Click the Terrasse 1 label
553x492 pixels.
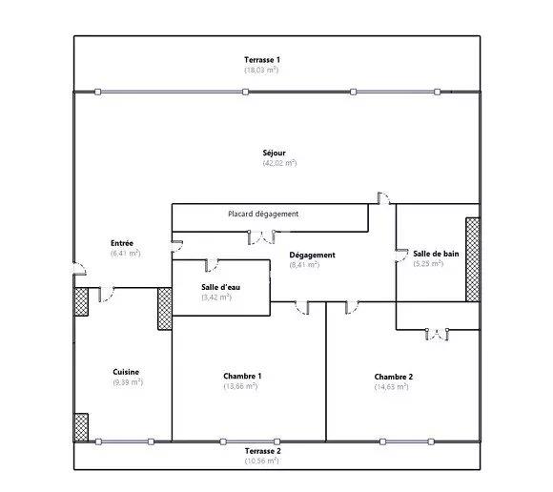[x=261, y=60]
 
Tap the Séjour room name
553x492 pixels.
[x=275, y=154]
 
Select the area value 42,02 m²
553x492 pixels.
[x=279, y=164]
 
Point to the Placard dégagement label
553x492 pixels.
[x=263, y=214]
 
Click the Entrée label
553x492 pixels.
[x=122, y=243]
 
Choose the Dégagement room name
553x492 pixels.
[x=312, y=255]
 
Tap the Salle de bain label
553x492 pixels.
[x=435, y=253]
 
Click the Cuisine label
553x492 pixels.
[x=127, y=372]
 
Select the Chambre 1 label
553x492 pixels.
[x=242, y=376]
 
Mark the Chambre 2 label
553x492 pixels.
[x=393, y=377]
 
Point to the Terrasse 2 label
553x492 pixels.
[x=261, y=450]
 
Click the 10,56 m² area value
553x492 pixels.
[x=261, y=461]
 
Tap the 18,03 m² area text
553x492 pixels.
[x=261, y=70]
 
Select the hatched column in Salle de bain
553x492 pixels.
[x=471, y=258]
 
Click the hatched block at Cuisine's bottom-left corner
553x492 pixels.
[x=81, y=425]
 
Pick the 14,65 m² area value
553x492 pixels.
[x=393, y=387]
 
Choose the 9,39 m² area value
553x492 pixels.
[x=127, y=382]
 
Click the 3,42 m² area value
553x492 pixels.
[x=216, y=297]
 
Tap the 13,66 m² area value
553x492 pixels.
[x=242, y=386]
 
